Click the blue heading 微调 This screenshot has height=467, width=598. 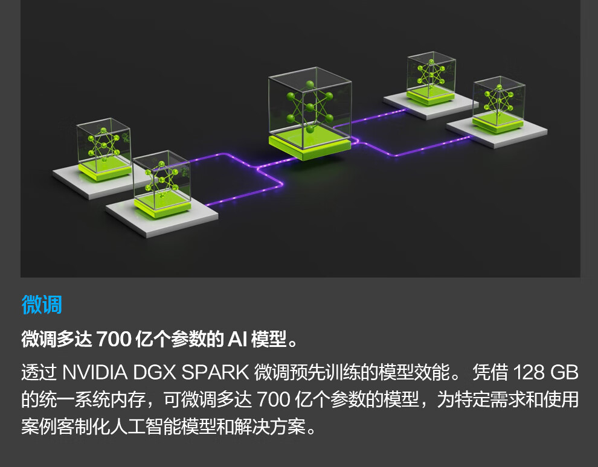pyautogui.click(x=42, y=305)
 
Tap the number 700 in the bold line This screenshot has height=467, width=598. pyautogui.click(x=114, y=340)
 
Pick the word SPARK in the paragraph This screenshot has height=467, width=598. pyautogui.click(x=214, y=372)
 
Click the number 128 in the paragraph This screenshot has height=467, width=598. pyautogui.click(x=529, y=372)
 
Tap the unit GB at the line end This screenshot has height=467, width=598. pyautogui.click(x=565, y=372)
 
